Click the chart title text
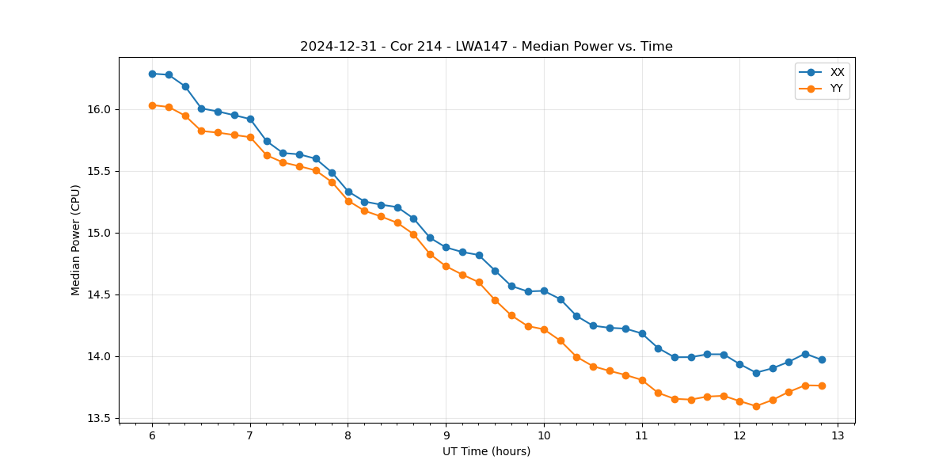click(x=486, y=47)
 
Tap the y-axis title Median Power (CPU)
click(x=76, y=240)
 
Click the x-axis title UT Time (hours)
click(x=486, y=451)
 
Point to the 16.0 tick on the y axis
click(x=104, y=109)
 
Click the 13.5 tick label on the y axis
click(x=104, y=418)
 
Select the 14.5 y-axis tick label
click(x=104, y=294)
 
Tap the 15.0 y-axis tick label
click(x=104, y=233)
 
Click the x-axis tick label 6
click(x=152, y=435)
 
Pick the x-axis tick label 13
click(x=838, y=435)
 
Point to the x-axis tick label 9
click(x=446, y=435)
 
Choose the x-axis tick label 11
click(x=641, y=435)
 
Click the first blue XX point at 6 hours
click(x=152, y=74)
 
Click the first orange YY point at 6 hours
click(x=152, y=105)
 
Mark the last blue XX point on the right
click(x=822, y=359)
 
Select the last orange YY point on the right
click(x=822, y=386)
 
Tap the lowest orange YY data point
click(x=756, y=406)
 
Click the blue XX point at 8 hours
click(x=348, y=192)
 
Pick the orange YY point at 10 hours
click(x=544, y=329)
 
